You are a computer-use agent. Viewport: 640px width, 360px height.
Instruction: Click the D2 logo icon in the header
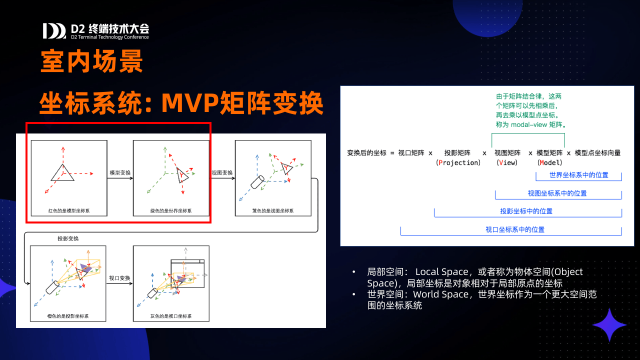pyautogui.click(x=54, y=31)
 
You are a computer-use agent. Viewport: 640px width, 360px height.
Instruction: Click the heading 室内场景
pyautogui.click(x=91, y=61)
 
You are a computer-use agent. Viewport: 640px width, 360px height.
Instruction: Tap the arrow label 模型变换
pyautogui.click(x=120, y=172)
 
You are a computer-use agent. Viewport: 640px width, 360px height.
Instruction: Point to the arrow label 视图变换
pyautogui.click(x=222, y=172)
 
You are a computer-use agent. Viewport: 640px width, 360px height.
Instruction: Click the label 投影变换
pyautogui.click(x=68, y=238)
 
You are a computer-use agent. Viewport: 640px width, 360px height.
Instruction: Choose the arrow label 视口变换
pyautogui.click(x=119, y=278)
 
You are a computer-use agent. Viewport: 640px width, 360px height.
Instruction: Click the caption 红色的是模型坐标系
pyautogui.click(x=69, y=211)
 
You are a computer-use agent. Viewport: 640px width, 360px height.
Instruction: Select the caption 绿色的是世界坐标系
pyautogui.click(x=171, y=211)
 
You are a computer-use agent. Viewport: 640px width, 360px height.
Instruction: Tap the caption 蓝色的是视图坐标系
pyautogui.click(x=273, y=211)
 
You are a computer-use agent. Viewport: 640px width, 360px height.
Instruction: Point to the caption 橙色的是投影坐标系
pyautogui.click(x=67, y=316)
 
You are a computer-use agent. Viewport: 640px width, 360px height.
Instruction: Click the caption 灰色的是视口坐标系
pyautogui.click(x=171, y=316)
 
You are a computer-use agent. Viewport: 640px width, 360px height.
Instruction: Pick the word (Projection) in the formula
pyautogui.click(x=458, y=162)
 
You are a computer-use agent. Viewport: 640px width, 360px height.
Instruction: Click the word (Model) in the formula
pyautogui.click(x=549, y=162)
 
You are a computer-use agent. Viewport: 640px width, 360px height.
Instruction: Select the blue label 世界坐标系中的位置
pyautogui.click(x=579, y=175)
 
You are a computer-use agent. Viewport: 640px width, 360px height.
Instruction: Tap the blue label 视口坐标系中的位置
pyautogui.click(x=515, y=229)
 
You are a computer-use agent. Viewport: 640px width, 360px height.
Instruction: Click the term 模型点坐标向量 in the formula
pyautogui.click(x=597, y=153)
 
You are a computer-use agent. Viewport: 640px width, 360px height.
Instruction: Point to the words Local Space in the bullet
pyautogui.click(x=441, y=271)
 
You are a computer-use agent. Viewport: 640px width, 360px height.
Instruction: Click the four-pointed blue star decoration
pyautogui.click(x=609, y=325)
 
